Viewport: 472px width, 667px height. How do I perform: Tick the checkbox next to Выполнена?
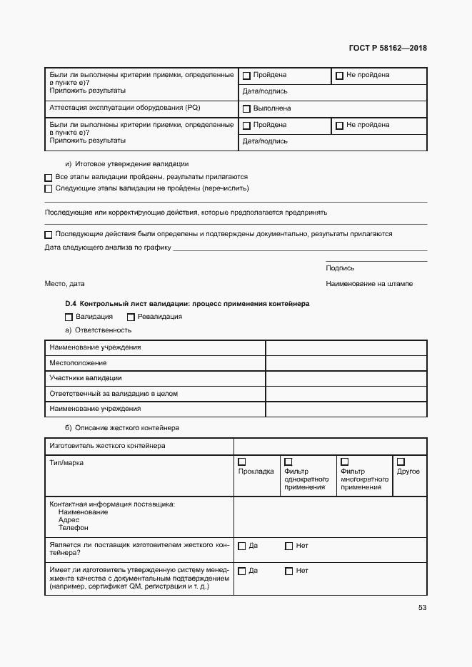click(246, 109)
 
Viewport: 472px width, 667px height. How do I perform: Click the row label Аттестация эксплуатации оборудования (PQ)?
click(125, 108)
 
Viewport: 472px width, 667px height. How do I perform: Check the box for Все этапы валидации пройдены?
click(49, 177)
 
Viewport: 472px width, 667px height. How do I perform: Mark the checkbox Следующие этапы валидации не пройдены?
click(49, 189)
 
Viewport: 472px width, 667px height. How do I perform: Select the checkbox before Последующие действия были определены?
click(49, 235)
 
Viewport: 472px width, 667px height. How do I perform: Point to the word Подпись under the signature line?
click(340, 268)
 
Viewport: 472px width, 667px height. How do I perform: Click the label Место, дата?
click(64, 284)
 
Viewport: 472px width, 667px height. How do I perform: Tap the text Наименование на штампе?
click(369, 284)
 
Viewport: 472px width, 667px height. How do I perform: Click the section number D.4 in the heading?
click(71, 303)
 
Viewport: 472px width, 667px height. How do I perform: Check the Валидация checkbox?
click(69, 317)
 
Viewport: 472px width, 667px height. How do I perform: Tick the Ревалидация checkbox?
click(131, 317)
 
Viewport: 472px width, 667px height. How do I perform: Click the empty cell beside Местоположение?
click(346, 363)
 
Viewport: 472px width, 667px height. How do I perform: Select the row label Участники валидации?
click(85, 378)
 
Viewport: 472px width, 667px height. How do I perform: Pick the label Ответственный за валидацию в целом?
click(113, 394)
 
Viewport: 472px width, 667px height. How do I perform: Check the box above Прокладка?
click(242, 462)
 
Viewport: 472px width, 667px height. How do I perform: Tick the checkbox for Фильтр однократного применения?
click(288, 462)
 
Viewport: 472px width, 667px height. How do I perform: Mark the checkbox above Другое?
click(401, 462)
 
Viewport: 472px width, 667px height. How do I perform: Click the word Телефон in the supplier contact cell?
click(74, 528)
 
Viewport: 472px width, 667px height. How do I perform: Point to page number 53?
click(422, 608)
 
